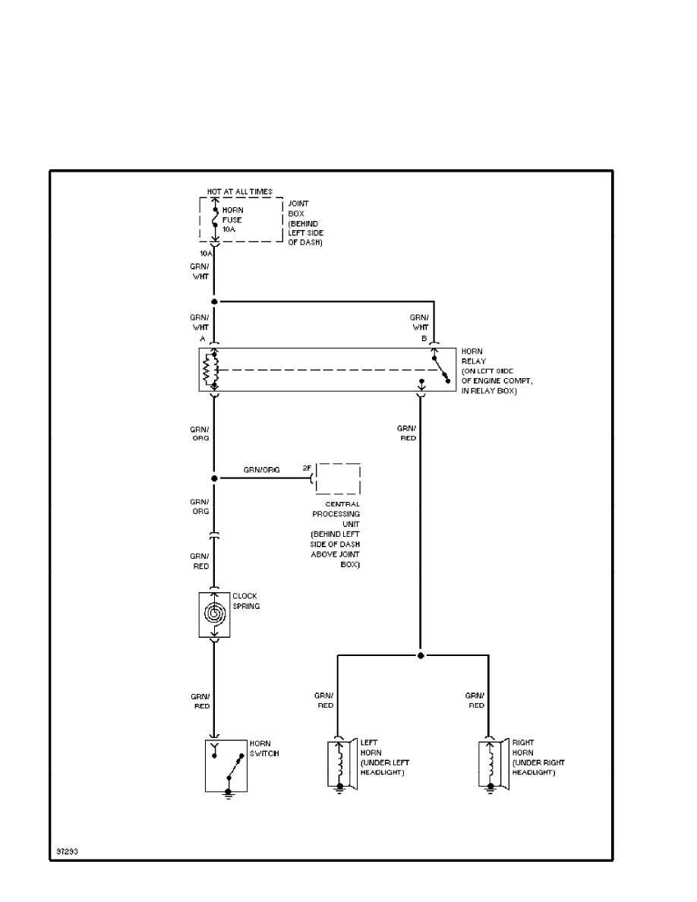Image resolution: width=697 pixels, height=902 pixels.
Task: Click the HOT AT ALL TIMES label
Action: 239,192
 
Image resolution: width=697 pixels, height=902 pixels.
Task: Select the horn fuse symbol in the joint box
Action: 215,219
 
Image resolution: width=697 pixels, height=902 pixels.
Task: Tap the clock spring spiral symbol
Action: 214,613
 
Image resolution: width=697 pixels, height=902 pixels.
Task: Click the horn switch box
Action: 226,765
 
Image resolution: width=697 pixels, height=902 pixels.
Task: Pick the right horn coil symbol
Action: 490,762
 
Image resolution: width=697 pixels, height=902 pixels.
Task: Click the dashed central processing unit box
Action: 338,478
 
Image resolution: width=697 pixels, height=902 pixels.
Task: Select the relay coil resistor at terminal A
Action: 207,370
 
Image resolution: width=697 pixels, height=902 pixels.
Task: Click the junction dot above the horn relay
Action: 215,301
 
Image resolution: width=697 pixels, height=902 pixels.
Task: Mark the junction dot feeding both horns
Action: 420,654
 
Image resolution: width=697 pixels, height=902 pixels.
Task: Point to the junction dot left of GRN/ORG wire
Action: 215,478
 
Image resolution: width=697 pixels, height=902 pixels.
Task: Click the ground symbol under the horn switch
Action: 228,796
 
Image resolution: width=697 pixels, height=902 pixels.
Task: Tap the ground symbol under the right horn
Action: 490,790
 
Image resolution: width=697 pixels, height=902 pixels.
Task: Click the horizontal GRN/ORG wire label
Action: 261,470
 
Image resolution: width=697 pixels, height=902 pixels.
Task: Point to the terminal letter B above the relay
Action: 425,337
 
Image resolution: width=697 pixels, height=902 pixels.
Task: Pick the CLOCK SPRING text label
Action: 244,601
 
